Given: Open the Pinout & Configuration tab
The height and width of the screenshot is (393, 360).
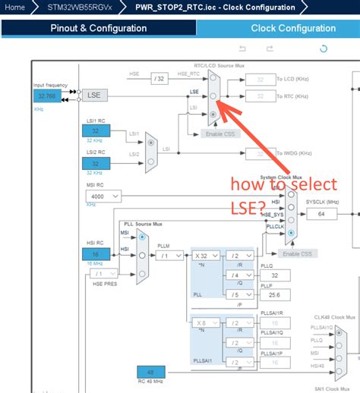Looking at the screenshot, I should (x=99, y=28).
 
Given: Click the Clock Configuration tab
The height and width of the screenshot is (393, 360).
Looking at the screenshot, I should (x=293, y=28).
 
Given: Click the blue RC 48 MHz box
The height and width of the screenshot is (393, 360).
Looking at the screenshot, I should (x=151, y=373).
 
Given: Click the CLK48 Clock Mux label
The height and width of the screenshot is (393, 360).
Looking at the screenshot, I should (x=334, y=316).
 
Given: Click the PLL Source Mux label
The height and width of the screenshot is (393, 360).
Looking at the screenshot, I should (x=142, y=225).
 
